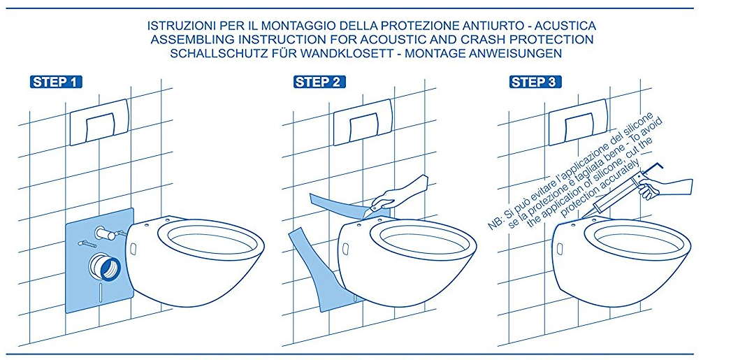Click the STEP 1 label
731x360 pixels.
point(56,82)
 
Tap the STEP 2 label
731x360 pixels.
point(320,82)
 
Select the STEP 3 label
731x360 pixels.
point(535,82)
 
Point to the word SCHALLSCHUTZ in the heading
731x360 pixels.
point(209,53)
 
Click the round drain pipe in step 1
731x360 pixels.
point(105,268)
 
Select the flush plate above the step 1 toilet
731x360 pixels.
point(99,122)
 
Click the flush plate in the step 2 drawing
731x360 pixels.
point(363,122)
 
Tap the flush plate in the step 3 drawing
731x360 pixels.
point(578,122)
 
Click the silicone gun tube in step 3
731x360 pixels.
point(613,196)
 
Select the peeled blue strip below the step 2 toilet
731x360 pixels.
point(321,271)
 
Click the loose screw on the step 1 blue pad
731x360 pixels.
point(87,243)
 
